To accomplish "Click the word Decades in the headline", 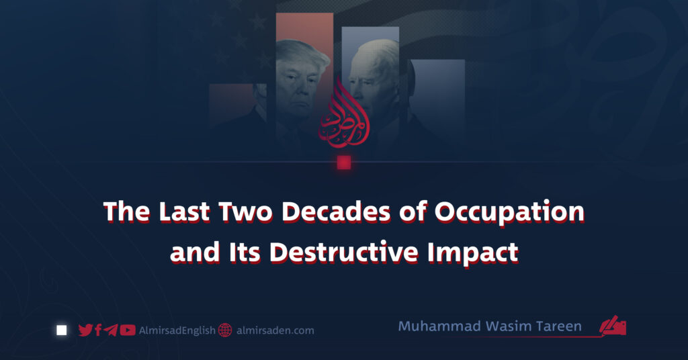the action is [x=336, y=212].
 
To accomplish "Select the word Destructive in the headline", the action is [x=343, y=253].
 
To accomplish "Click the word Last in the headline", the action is [x=184, y=212].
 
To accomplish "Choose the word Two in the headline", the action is [x=246, y=212].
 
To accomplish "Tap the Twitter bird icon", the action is [x=85, y=330].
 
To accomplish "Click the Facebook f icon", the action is [x=98, y=330].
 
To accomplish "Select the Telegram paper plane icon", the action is [x=111, y=330].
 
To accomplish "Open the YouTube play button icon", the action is [x=128, y=330].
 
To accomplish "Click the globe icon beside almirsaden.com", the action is [x=225, y=330].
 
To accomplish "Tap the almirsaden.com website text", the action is [x=275, y=330].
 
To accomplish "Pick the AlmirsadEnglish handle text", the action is [x=177, y=330].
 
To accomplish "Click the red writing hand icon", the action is [x=613, y=326].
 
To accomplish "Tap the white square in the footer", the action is [x=62, y=330].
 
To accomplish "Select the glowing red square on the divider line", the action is [x=344, y=163].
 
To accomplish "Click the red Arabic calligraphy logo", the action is [x=343, y=114].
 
